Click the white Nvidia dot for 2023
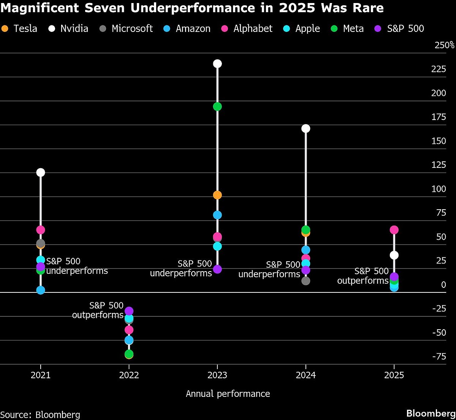217,63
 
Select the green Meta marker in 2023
217,106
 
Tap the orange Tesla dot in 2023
217,195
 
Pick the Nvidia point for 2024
306,128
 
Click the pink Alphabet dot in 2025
394,230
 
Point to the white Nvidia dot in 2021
41,172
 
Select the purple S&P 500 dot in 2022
129,311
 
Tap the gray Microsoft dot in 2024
306,281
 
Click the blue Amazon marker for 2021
41,290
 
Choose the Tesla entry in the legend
20,28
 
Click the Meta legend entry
347,28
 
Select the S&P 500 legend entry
399,28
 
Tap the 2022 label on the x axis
129,376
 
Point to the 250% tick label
444,46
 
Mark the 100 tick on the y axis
439,189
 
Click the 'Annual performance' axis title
228,394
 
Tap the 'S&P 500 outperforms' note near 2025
363,276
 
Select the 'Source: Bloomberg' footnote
40,414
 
